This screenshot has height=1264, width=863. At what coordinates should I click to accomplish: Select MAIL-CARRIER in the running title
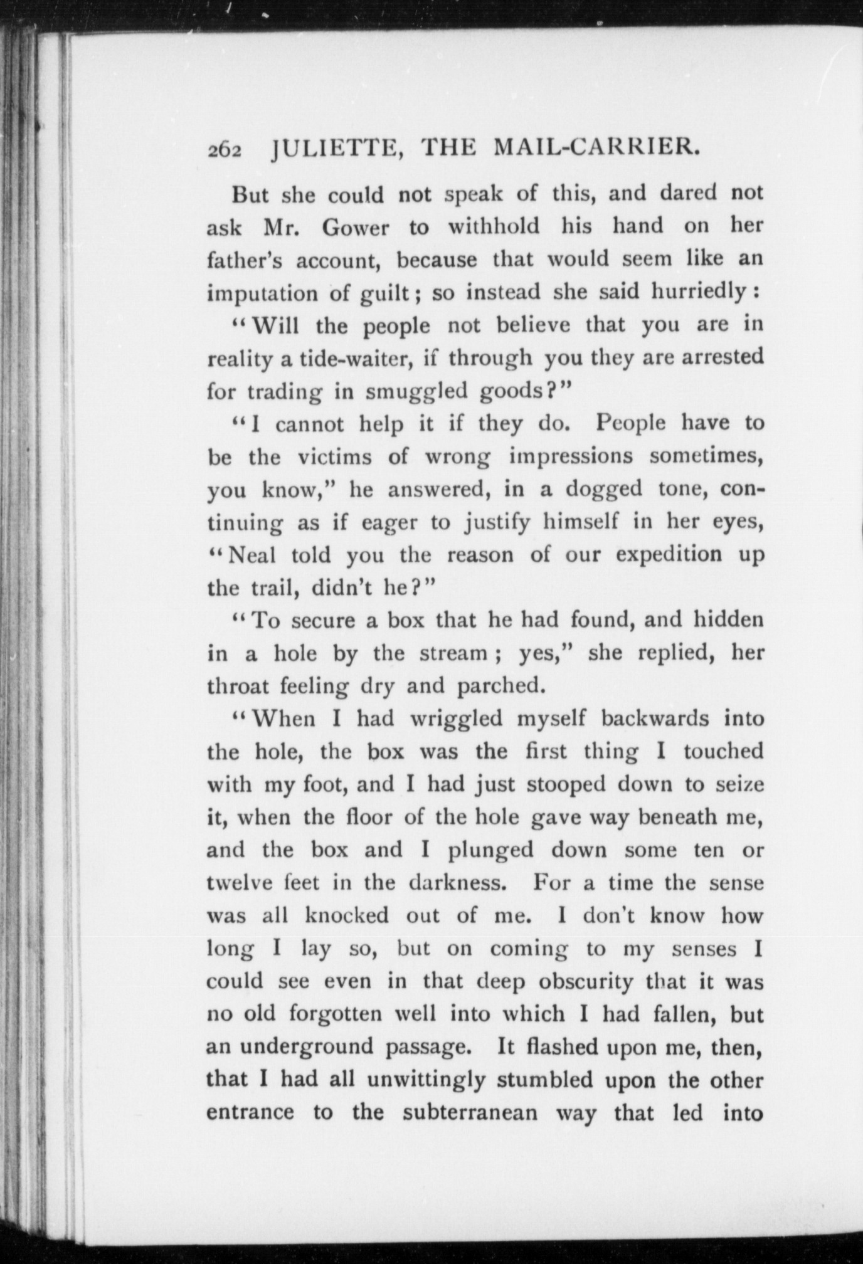pos(596,149)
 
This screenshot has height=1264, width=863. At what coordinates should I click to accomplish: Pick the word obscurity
pos(586,982)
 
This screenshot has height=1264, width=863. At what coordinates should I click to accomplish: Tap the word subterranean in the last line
pos(470,1114)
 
